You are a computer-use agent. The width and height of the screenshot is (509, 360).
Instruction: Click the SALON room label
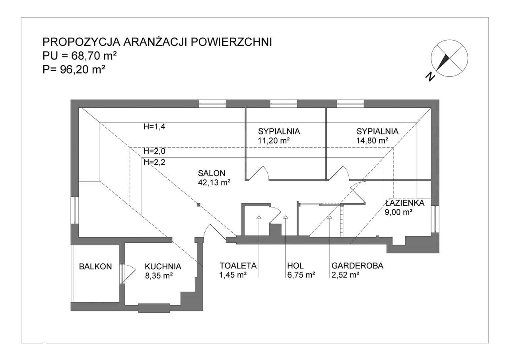click(212, 173)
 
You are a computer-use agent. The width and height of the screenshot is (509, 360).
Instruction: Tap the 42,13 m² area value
click(214, 183)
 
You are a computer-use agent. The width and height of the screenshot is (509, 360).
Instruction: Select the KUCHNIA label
click(163, 267)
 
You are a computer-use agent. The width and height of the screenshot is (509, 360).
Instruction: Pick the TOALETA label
click(238, 266)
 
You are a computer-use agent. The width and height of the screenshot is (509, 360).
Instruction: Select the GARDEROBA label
click(357, 266)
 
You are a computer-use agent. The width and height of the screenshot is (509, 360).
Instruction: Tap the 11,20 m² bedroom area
click(274, 140)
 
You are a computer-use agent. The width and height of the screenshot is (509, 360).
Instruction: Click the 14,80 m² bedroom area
click(373, 140)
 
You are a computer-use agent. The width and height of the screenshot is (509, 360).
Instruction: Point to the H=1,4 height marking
click(154, 127)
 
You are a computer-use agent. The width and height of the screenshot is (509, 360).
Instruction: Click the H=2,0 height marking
click(154, 151)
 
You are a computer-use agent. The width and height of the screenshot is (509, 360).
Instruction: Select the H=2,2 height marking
click(154, 162)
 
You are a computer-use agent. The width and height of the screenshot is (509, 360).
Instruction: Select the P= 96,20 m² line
click(74, 70)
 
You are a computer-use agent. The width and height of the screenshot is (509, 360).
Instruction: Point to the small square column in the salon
click(198, 205)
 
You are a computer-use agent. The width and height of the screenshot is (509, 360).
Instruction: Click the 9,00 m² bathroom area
click(398, 212)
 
